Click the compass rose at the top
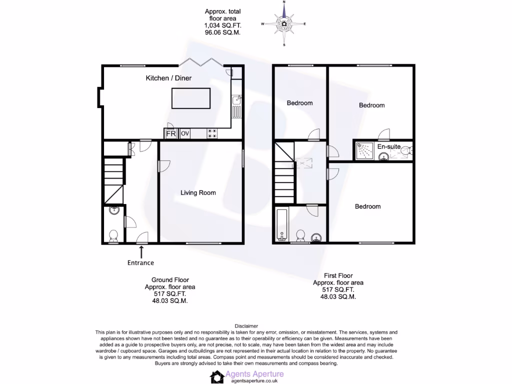[x=284, y=23]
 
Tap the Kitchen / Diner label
[x=168, y=78]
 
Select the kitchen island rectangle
[x=191, y=98]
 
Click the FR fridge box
[x=170, y=133]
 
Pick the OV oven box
[x=184, y=133]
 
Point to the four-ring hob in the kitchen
[x=212, y=133]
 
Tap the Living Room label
[x=198, y=192]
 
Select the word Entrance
[x=141, y=263]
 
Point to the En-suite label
[x=388, y=146]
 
